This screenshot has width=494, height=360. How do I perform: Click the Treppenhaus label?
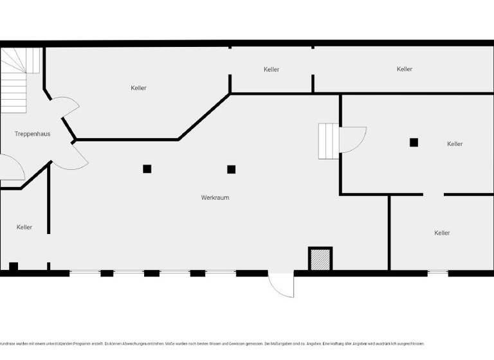click(x=32, y=134)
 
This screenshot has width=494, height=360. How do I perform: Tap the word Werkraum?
click(x=215, y=197)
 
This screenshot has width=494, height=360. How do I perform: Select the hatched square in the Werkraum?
click(x=320, y=259)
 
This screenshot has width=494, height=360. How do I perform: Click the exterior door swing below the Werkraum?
click(x=282, y=284)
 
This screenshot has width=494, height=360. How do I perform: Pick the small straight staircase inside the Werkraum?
click(x=328, y=141)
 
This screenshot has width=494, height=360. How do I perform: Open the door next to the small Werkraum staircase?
click(x=352, y=139)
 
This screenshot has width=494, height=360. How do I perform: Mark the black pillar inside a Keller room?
click(x=414, y=142)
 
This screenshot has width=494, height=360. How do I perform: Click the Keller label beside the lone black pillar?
click(x=455, y=144)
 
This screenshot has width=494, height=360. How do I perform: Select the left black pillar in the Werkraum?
click(x=147, y=168)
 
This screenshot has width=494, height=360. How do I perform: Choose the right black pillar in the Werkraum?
click(x=231, y=169)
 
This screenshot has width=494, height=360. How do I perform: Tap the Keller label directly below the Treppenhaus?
click(x=24, y=227)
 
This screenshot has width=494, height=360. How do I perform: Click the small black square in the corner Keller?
click(x=14, y=266)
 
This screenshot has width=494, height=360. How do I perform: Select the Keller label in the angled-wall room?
click(x=138, y=87)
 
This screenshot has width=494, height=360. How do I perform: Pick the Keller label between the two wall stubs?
click(x=271, y=69)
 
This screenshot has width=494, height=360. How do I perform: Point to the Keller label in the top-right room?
click(x=404, y=69)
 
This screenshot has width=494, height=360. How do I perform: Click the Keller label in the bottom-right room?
click(x=442, y=233)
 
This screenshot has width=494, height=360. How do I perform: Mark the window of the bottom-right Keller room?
click(x=437, y=273)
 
